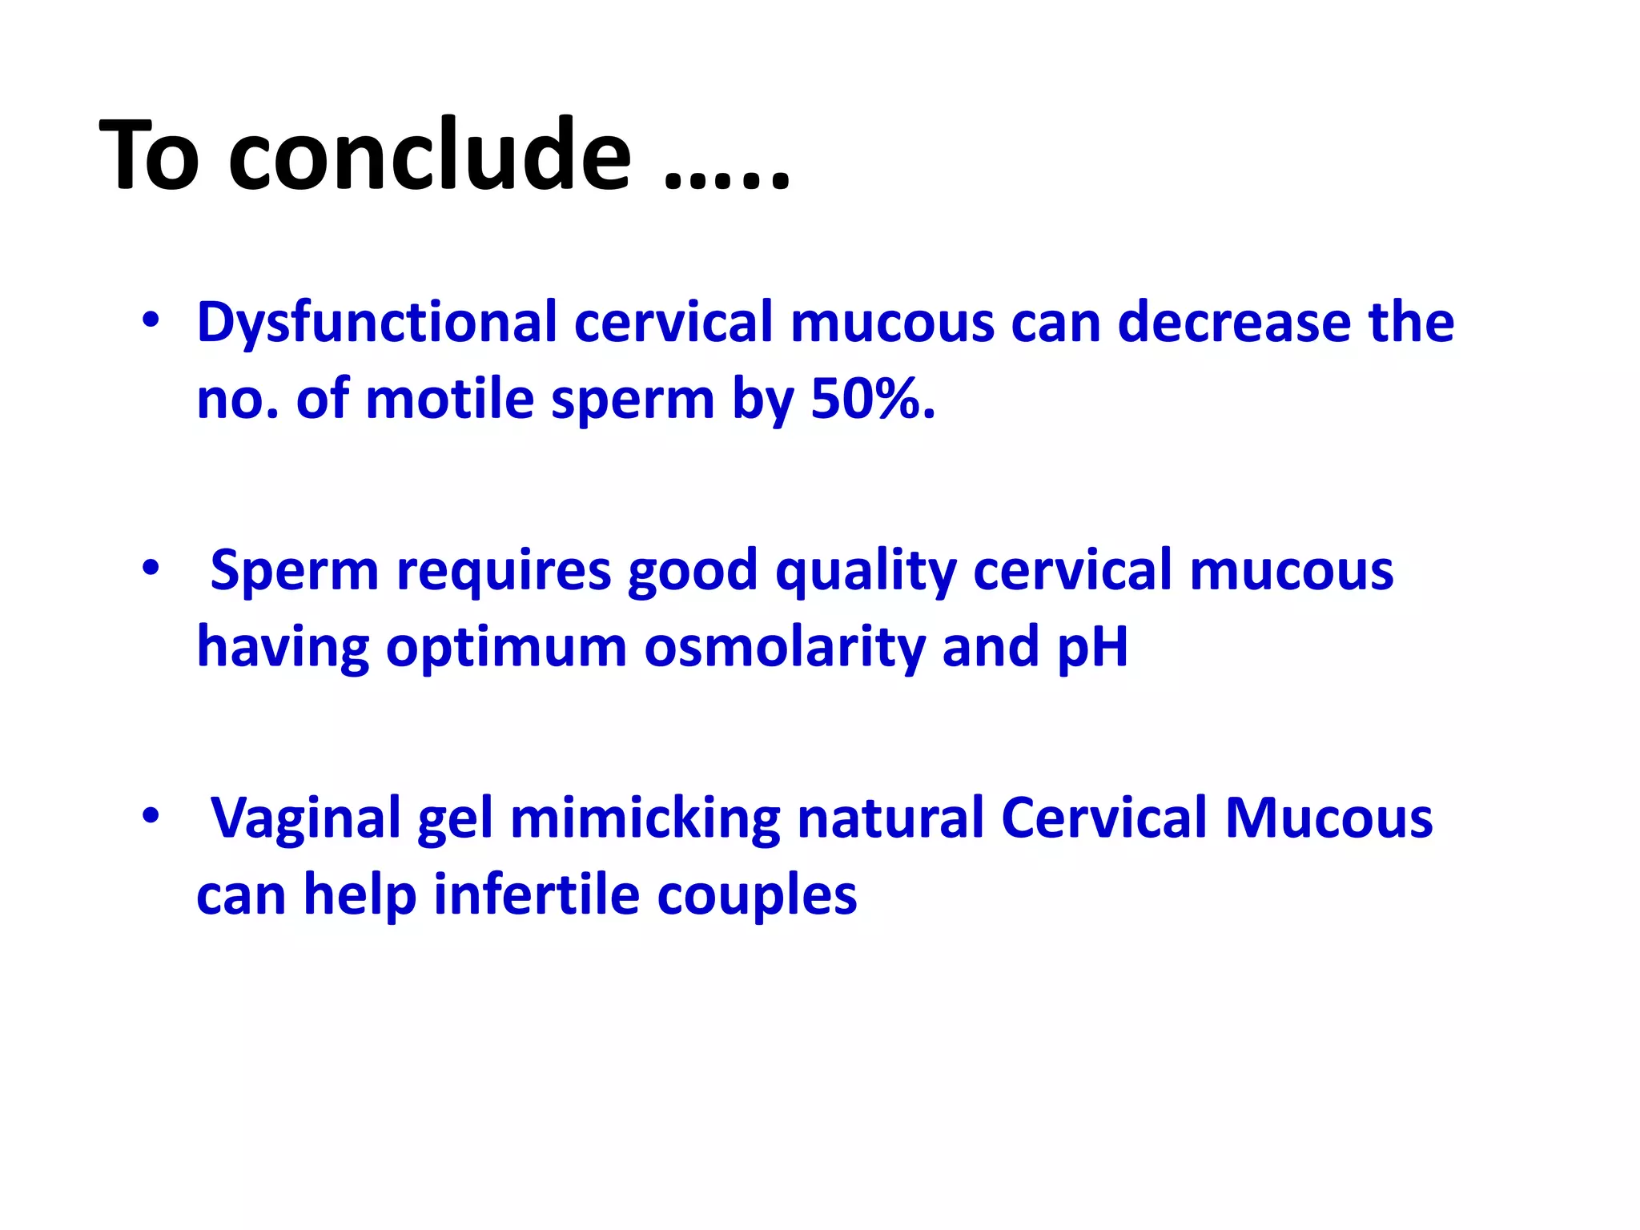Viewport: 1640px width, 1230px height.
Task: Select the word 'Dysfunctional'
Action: click(x=376, y=322)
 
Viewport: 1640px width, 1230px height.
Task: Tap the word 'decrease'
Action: click(x=1233, y=322)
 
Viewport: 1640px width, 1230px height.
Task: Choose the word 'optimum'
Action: click(x=506, y=649)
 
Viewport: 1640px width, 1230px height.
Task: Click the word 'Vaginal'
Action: click(x=305, y=820)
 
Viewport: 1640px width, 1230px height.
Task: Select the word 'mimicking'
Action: click(x=645, y=820)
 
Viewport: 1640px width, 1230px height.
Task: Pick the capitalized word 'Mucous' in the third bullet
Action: click(x=1328, y=818)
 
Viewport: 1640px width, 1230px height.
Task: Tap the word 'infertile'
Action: click(x=536, y=894)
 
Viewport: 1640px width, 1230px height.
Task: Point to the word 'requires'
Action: click(x=504, y=572)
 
